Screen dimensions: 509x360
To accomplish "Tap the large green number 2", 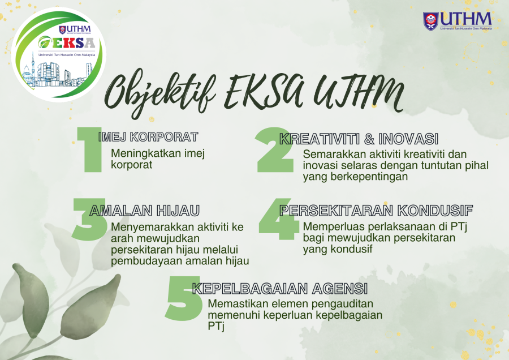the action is pyautogui.click(x=274, y=149).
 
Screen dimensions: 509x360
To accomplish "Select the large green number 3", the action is pyautogui.click(x=89, y=219).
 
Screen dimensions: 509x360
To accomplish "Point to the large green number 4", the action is pyautogui.click(x=279, y=219).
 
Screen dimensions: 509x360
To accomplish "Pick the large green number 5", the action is pyautogui.click(x=183, y=298).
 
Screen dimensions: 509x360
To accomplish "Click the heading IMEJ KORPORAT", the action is pyautogui.click(x=148, y=137).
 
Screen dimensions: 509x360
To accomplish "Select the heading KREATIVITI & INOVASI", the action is pyautogui.click(x=359, y=139).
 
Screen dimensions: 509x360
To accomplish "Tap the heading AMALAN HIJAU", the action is pyautogui.click(x=145, y=211).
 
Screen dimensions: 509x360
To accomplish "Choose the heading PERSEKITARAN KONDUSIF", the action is pyautogui.click(x=376, y=211).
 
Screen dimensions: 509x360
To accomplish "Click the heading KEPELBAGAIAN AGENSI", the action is pyautogui.click(x=280, y=289).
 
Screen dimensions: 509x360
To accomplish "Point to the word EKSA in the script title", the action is pyautogui.click(x=265, y=91).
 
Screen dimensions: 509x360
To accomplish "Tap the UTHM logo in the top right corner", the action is pyautogui.click(x=458, y=21).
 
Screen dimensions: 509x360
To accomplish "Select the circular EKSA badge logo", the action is pyautogui.click(x=59, y=54).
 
